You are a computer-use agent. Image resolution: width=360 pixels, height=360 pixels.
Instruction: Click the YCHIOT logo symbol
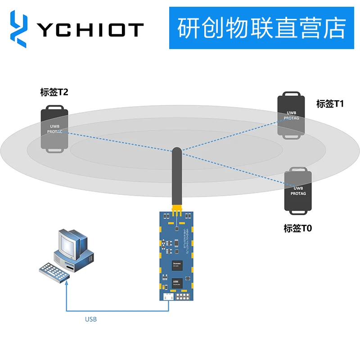[x=18, y=29]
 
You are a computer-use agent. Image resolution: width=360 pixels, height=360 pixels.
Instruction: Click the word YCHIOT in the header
[x=90, y=30]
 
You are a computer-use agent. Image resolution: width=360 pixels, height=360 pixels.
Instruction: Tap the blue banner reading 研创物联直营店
[x=261, y=28]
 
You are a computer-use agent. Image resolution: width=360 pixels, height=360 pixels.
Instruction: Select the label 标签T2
[x=54, y=93]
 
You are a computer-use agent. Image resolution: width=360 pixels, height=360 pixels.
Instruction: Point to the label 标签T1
[x=330, y=104]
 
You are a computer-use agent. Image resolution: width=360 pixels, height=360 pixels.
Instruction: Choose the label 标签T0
[x=297, y=228]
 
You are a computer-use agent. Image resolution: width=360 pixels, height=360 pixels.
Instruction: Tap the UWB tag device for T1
[x=291, y=116]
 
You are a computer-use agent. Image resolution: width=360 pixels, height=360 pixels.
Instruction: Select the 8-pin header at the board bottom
[x=184, y=297]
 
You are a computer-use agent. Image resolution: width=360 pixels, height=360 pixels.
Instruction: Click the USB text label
[x=91, y=319]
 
